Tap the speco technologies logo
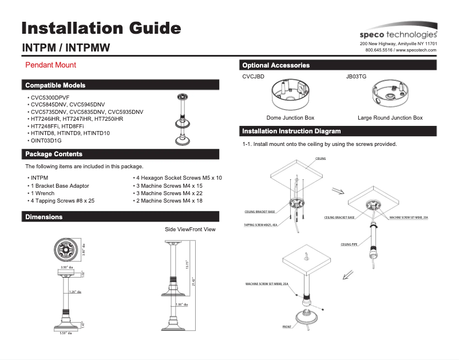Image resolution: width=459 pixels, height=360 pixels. click(x=398, y=34)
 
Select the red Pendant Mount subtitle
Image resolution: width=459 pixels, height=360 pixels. click(x=50, y=65)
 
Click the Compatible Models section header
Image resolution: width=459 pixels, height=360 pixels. click(x=55, y=85)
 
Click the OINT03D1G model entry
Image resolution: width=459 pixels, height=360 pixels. click(x=46, y=140)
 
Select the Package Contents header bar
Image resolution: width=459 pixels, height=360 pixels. click(x=54, y=154)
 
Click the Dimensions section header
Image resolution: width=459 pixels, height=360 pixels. click(x=43, y=217)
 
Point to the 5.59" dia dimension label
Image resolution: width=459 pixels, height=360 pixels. click(x=66, y=333)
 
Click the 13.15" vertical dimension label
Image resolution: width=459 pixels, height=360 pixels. click(x=187, y=264)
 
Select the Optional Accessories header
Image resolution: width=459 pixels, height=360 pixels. click(x=276, y=65)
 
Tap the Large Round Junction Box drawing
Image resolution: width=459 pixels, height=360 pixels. click(x=390, y=94)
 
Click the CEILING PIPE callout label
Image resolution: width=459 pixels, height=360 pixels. click(x=349, y=244)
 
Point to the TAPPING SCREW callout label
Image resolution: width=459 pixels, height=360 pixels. click(x=261, y=225)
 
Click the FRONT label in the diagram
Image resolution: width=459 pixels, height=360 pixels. click(x=286, y=327)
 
